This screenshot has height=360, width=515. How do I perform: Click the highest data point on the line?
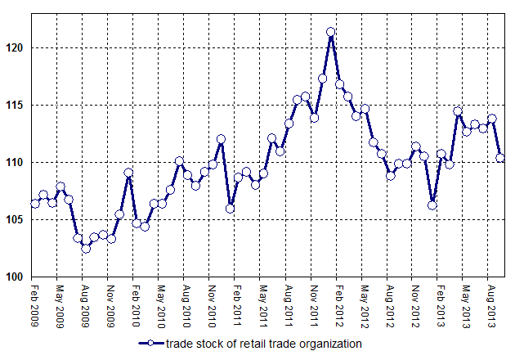(331, 32)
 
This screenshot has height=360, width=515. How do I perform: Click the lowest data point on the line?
(86, 248)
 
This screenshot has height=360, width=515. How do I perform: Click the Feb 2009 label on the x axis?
(35, 305)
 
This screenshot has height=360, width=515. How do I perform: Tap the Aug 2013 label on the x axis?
(491, 305)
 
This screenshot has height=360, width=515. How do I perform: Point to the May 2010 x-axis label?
(162, 305)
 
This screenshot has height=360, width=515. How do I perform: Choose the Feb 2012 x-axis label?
(339, 305)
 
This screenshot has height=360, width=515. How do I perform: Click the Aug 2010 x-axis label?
(187, 305)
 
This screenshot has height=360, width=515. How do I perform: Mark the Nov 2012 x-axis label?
(415, 305)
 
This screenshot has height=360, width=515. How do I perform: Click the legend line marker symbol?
(152, 344)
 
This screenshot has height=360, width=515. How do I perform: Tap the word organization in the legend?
(329, 344)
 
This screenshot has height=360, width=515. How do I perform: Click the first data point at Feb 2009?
(35, 204)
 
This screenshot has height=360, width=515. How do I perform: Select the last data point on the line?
(500, 158)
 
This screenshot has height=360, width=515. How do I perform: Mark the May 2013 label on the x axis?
(466, 305)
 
